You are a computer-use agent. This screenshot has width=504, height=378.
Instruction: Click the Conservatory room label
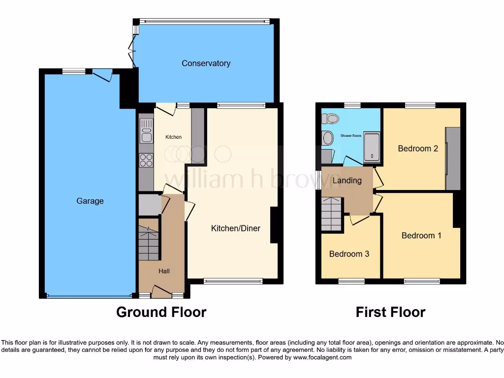click(206, 63)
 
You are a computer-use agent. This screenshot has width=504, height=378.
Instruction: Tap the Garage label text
click(90, 201)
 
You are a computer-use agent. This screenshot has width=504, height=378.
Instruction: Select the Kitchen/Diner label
click(235, 228)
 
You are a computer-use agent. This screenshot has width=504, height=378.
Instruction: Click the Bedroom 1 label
click(421, 236)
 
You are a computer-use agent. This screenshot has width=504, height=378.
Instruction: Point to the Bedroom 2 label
click(418, 149)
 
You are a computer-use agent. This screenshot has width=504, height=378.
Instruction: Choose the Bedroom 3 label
click(349, 254)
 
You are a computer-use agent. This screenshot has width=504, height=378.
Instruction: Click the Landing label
click(347, 181)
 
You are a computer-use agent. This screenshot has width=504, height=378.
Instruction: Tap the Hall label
click(164, 271)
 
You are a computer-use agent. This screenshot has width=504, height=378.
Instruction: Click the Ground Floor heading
click(161, 312)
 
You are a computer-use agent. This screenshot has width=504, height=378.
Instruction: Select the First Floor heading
click(390, 312)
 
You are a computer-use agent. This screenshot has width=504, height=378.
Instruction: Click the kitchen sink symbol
click(146, 131)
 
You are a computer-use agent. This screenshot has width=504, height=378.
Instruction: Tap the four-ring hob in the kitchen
click(146, 160)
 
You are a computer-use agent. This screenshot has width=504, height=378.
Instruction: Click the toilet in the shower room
click(332, 119)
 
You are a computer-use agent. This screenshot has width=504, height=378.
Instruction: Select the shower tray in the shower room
click(372, 148)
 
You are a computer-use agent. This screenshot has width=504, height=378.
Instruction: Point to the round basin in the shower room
click(328, 138)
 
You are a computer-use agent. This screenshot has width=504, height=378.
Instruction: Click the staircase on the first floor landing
click(332, 214)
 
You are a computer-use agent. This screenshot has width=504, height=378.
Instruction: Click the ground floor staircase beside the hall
click(148, 243)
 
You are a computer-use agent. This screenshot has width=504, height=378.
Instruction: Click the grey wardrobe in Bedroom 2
click(453, 158)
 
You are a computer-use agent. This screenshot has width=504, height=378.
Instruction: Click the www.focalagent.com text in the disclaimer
click(322, 358)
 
